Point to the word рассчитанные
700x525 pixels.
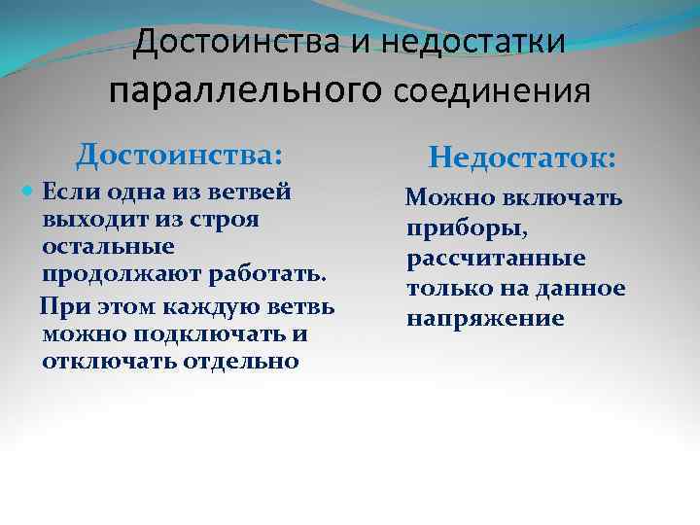496,260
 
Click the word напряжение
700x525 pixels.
485,318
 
